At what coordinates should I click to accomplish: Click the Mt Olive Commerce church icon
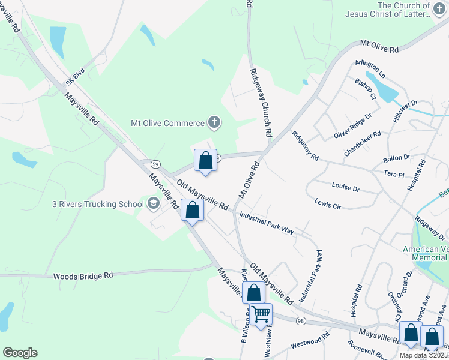(214, 123)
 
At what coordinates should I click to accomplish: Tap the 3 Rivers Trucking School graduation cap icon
(154, 204)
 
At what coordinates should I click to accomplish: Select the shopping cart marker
(261, 314)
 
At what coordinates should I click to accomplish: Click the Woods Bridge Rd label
(83, 276)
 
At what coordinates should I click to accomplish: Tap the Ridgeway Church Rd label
(262, 101)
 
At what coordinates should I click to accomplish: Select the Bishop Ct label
(365, 89)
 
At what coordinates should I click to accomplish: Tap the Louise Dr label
(345, 188)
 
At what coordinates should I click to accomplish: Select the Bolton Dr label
(397, 159)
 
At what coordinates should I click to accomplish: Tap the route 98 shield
(300, 322)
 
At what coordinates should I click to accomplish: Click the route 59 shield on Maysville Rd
(155, 163)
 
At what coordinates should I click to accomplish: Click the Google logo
(20, 353)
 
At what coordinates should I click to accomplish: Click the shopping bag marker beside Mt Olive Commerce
(205, 160)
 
